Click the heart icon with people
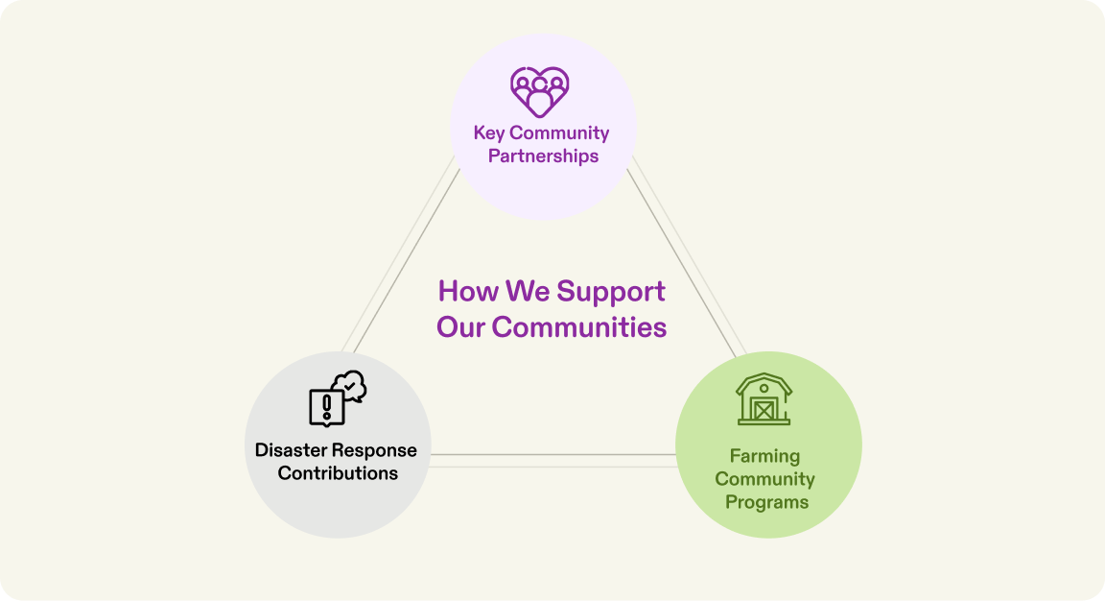pyautogui.click(x=540, y=91)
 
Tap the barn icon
pyautogui.click(x=764, y=399)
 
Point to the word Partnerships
pyautogui.click(x=543, y=156)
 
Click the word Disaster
pyautogui.click(x=294, y=450)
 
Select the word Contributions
pyautogui.click(x=338, y=473)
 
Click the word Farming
pyautogui.click(x=764, y=456)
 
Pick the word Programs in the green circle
pyautogui.click(x=766, y=502)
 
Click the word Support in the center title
pyautogui.click(x=611, y=291)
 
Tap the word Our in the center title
pyautogui.click(x=461, y=326)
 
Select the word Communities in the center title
pyautogui.click(x=579, y=326)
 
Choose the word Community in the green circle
pyautogui.click(x=764, y=479)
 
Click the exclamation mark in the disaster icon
pyautogui.click(x=327, y=402)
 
